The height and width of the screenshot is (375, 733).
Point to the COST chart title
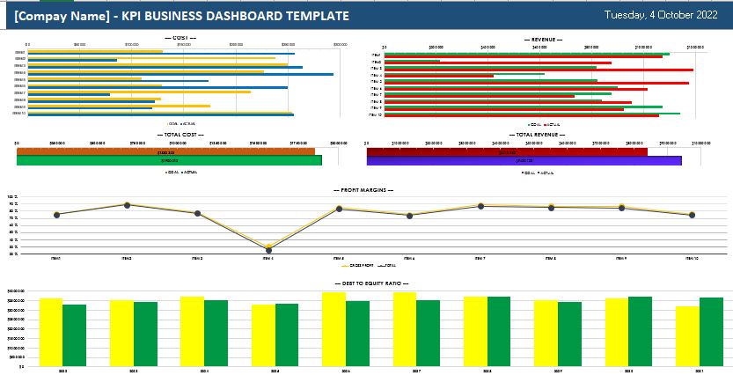[180, 39]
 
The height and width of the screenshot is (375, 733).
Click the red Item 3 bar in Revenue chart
[539, 70]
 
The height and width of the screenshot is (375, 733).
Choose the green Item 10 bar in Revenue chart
[532, 113]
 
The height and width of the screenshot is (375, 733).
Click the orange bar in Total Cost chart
[166, 152]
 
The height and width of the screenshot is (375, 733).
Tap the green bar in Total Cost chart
[169, 161]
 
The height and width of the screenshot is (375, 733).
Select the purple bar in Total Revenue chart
[524, 162]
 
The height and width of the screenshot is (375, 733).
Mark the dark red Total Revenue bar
[507, 152]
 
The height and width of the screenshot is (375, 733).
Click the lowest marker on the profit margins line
[269, 249]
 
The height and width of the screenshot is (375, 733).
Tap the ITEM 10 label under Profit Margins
[692, 258]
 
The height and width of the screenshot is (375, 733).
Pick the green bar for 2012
[75, 335]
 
